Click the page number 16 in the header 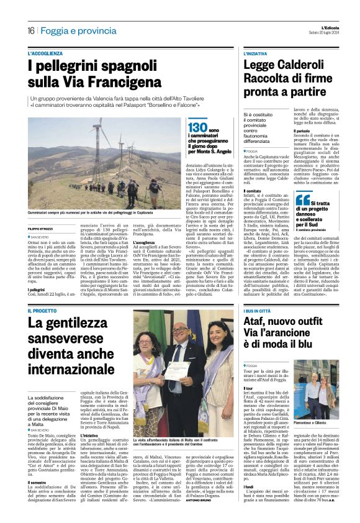pos(30,30)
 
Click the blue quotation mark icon pos(302,200)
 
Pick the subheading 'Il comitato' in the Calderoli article pos(251,192)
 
